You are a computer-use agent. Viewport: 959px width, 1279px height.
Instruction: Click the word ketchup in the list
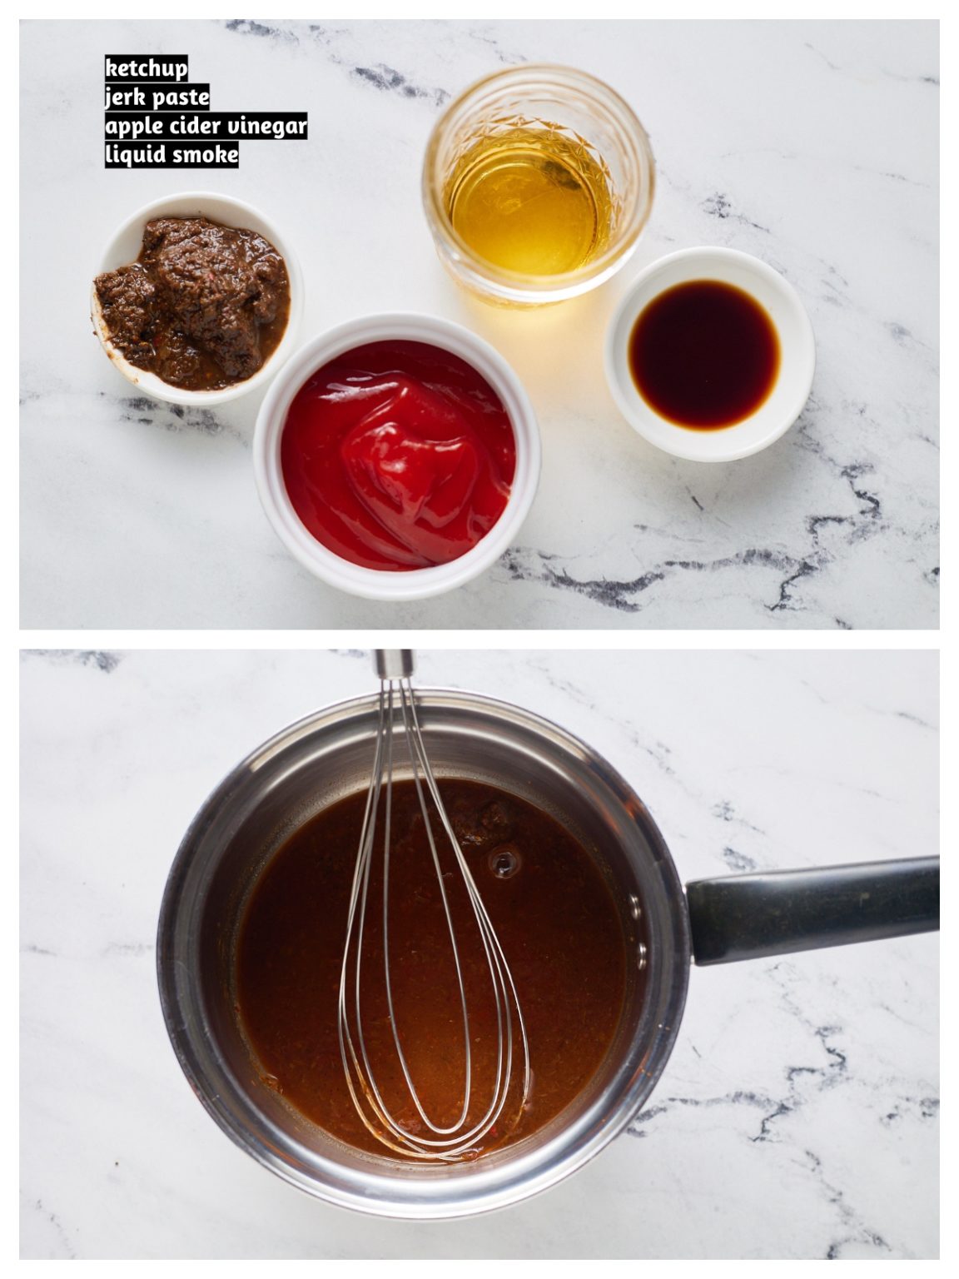146,67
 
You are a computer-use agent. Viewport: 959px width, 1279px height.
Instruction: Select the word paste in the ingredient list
181,97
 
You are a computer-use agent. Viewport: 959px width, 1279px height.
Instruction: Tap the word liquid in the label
134,155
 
